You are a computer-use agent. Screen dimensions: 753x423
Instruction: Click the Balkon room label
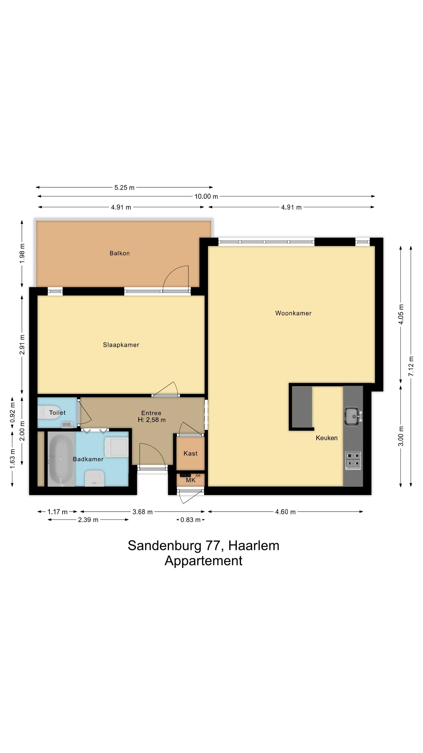tap(119, 253)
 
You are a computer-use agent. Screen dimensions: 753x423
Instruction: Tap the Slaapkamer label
tap(121, 345)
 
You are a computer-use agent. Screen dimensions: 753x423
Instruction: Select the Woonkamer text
tap(293, 313)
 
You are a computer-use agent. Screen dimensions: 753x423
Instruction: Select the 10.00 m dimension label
tap(206, 196)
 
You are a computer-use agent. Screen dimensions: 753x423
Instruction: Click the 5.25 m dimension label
tap(124, 187)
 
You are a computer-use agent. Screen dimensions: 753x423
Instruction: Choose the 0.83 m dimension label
tap(190, 520)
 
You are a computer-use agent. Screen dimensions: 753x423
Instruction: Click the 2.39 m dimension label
tap(88, 520)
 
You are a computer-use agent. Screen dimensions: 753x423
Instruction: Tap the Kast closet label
tap(190, 453)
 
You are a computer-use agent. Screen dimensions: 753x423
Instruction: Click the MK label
tap(190, 480)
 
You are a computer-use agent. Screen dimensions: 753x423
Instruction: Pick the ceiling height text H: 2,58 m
tap(152, 420)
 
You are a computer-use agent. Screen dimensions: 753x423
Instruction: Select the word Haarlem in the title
tap(253, 546)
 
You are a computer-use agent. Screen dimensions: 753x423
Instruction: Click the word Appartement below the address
tap(203, 561)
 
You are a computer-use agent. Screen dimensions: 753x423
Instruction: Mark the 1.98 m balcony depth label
tap(22, 253)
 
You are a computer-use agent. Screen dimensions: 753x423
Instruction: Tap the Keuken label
tap(326, 438)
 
